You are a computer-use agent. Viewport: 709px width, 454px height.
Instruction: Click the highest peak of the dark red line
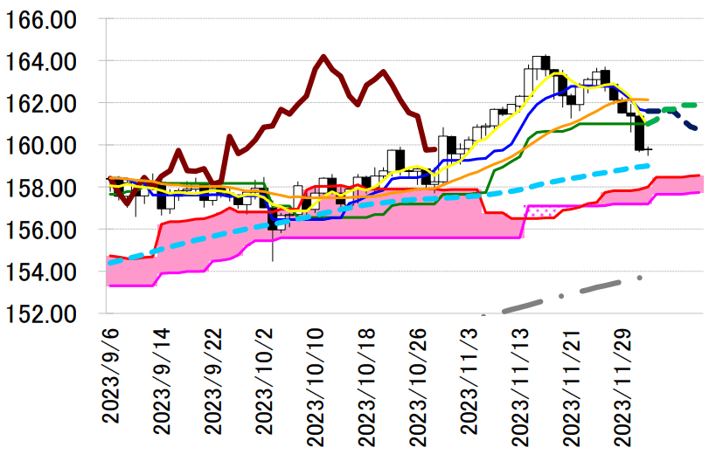pos(323,57)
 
